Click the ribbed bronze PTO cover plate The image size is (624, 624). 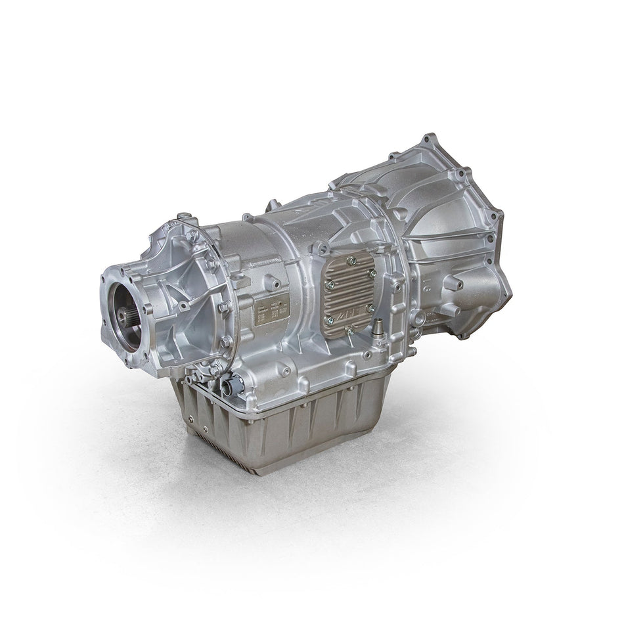[x=349, y=298]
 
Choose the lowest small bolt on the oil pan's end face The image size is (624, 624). [x=204, y=430]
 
